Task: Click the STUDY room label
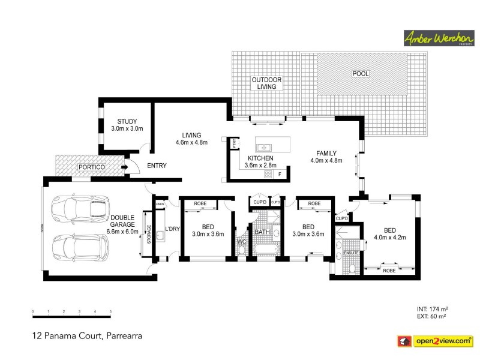tap(127, 121)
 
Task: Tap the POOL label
tap(361, 74)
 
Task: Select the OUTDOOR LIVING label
tap(266, 83)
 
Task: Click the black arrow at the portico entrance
tap(124, 167)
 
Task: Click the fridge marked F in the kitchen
tap(280, 174)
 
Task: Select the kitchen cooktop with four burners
tap(268, 174)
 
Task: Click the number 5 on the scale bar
tap(110, 311)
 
